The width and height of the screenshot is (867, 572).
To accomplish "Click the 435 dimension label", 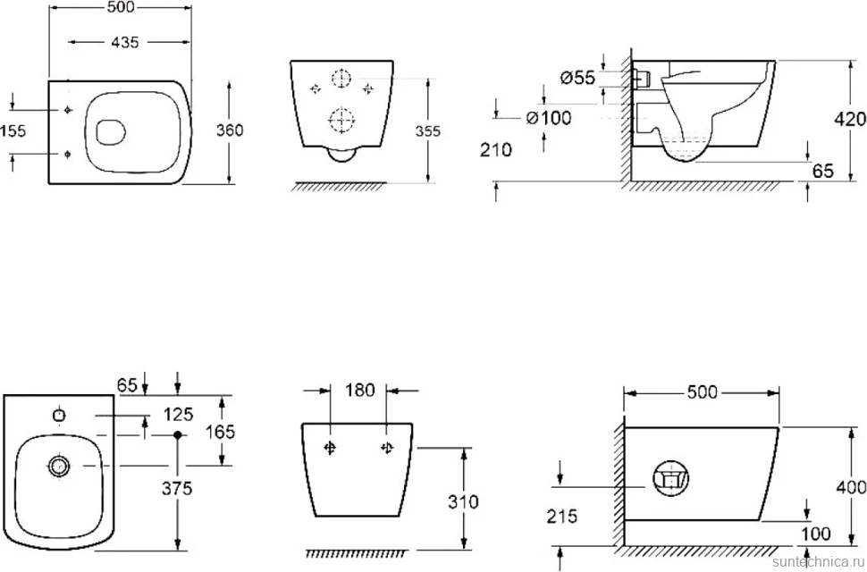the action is (x=124, y=42).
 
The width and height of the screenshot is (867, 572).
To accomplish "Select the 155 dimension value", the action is (x=13, y=131).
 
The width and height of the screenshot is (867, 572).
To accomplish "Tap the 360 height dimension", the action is (x=230, y=130).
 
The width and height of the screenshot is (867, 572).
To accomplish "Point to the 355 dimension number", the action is (x=428, y=131).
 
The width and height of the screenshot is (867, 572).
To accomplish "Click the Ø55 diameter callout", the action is (x=577, y=79).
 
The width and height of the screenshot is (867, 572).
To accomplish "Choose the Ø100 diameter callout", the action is (x=549, y=118).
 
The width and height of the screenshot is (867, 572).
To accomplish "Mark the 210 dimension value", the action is (x=496, y=150).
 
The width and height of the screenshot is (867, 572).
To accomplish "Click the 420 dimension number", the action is (x=850, y=119).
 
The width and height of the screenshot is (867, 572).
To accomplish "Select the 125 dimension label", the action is (x=178, y=414).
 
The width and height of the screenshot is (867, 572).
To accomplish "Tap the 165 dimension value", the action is (x=220, y=432).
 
